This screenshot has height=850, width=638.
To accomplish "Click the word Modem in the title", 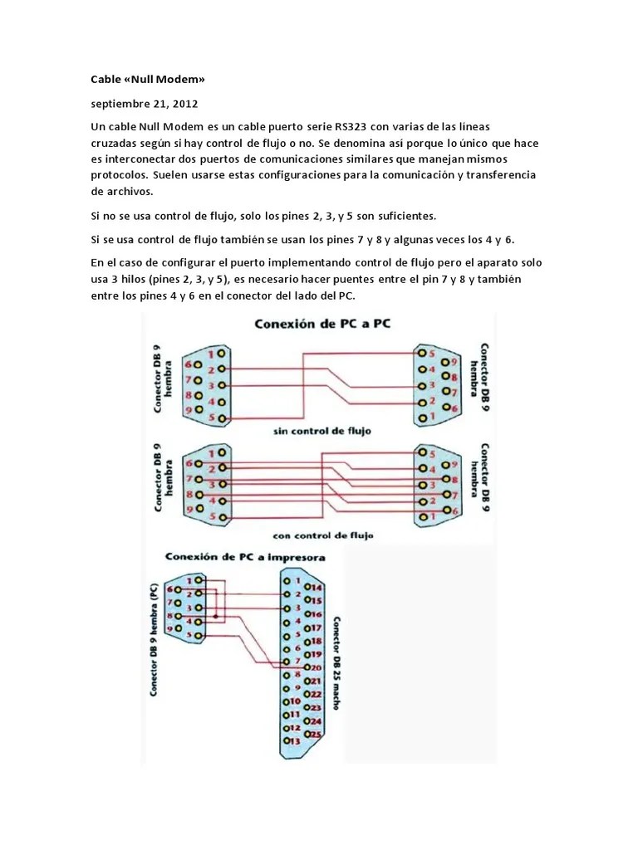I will coord(178,80).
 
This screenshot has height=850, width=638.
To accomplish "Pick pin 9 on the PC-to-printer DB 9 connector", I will coord(173,629).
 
